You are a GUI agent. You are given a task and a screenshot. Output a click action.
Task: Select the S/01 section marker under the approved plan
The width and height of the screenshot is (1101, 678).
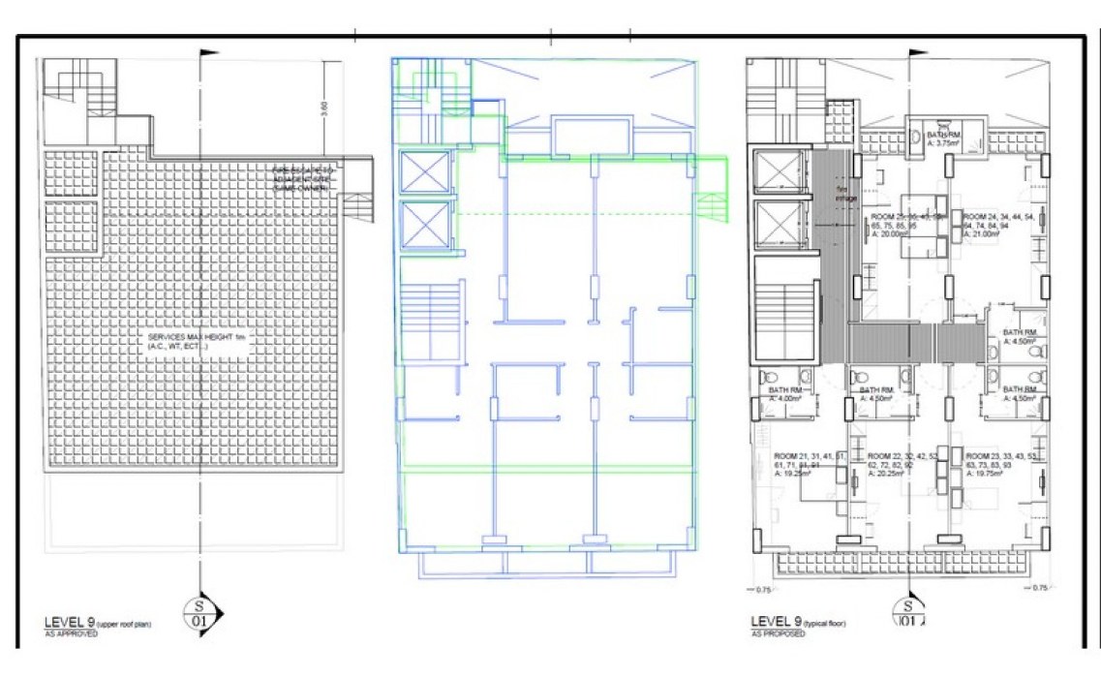[200, 608]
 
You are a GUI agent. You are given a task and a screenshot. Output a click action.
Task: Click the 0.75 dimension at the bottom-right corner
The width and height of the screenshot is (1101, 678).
[1041, 588]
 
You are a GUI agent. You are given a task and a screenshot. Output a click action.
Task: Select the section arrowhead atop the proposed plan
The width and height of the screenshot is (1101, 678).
[918, 53]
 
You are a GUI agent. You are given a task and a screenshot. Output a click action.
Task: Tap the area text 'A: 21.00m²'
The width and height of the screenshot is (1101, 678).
[983, 232]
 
